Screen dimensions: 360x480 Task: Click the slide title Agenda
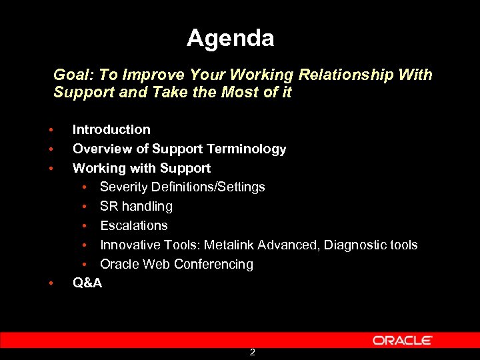pos(230,38)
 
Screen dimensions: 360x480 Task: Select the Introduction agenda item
pos(111,129)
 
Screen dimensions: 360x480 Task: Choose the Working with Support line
pos(141,168)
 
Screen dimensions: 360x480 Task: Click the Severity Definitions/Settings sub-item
pos(182,187)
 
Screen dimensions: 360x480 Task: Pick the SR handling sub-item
pos(136,206)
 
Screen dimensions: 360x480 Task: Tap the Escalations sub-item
pos(133,225)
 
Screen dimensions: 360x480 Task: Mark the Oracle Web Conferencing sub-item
pos(176,264)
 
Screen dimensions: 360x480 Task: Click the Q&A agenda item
pos(87,283)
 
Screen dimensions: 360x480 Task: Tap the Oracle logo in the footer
pos(402,340)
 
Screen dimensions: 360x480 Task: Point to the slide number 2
pos(252,352)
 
